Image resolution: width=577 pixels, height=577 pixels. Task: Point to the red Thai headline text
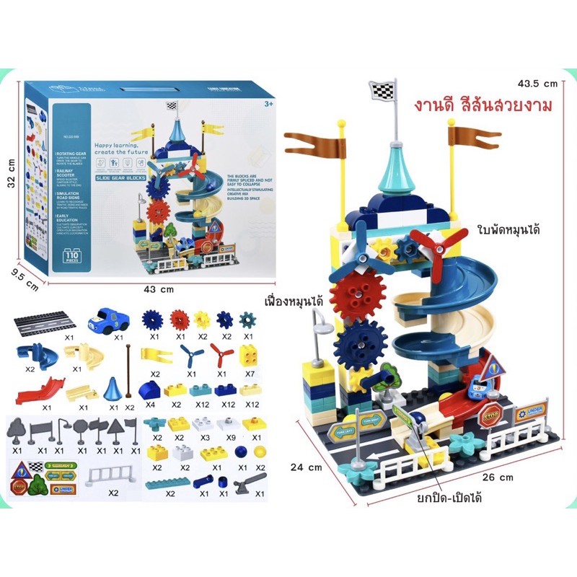pyautogui.click(x=483, y=106)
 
